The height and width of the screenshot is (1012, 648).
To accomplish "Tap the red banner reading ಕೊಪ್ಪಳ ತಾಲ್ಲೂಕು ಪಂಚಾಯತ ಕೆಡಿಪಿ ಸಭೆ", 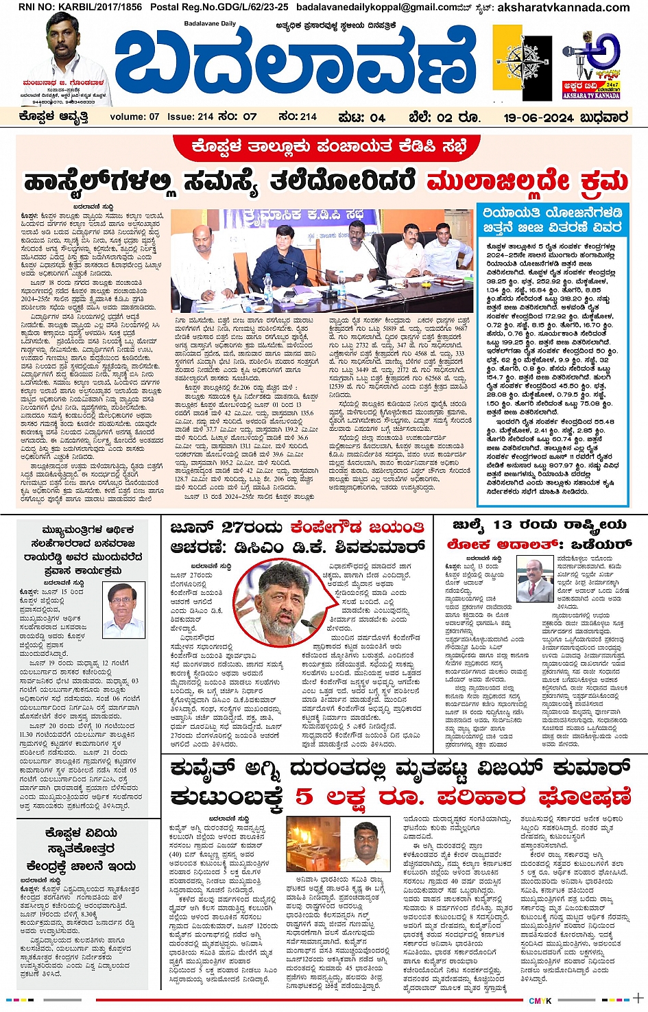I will tap(323, 146).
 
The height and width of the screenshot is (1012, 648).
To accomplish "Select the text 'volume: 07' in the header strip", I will tap(134, 117).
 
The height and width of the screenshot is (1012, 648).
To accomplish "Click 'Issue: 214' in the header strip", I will tap(191, 117).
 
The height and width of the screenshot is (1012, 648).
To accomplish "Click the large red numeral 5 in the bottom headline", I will tap(304, 797).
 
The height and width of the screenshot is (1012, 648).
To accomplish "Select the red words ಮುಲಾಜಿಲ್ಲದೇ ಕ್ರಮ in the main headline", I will tap(527, 183).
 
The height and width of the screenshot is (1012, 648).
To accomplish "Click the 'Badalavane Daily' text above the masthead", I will tap(211, 24).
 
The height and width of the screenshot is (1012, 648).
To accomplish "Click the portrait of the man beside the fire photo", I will tap(368, 843).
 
